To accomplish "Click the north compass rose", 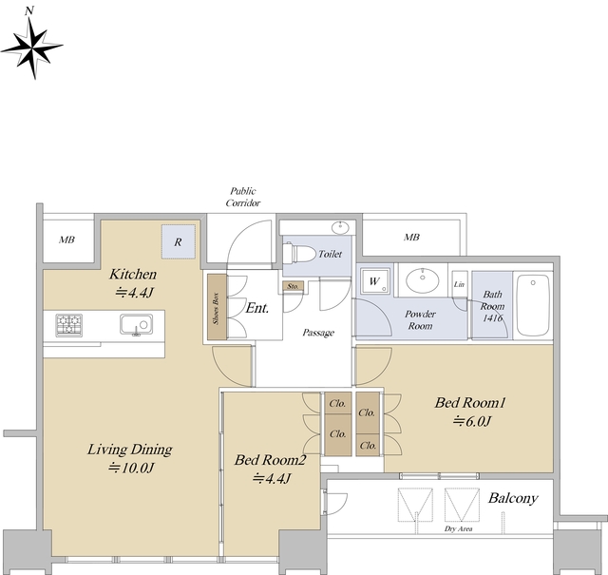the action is pos(31,46).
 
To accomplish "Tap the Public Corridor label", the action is pos(243,197).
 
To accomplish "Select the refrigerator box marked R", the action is pos(179,241).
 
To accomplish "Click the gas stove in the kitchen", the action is pos(69,325).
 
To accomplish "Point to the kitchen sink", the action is pos(136,325).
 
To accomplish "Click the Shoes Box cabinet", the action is pos(217,307).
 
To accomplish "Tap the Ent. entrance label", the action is pos(257,308).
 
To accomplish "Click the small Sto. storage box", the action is pos(293,286).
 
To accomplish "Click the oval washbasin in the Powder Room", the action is pos(422,279).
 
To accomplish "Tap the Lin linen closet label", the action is pos(459,284).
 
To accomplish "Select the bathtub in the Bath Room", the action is pos(534,305).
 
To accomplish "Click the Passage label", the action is pos(318,333).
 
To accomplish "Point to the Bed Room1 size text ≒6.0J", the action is pos(472,421).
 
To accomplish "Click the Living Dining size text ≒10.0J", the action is pos(131,468).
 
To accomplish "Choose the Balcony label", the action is pos(513,498).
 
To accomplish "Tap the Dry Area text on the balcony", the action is pos(458,528).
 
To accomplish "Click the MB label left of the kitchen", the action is pos(66,240).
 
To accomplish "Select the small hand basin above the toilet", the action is pos(341,227).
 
